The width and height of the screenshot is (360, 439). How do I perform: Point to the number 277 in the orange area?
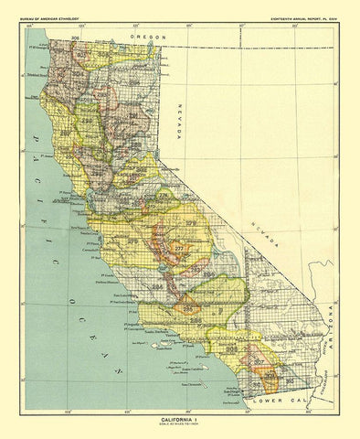(x=178, y=248)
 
